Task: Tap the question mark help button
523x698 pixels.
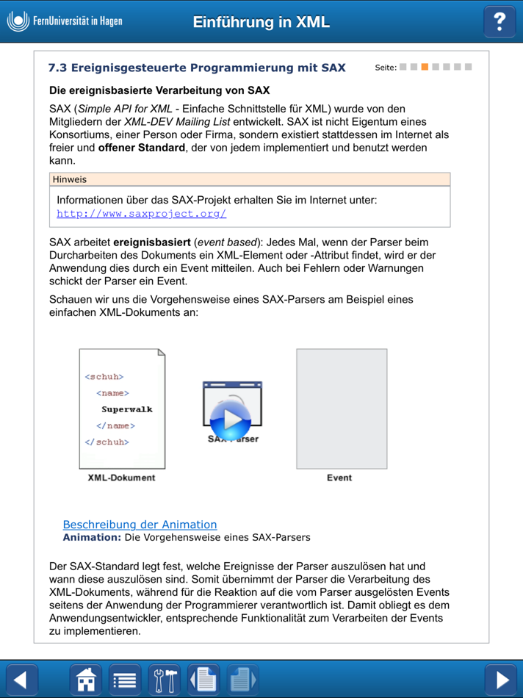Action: [x=499, y=21]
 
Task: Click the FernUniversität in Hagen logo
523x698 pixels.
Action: [x=65, y=21]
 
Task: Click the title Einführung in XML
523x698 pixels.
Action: [x=261, y=22]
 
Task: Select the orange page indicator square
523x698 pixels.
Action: [x=425, y=68]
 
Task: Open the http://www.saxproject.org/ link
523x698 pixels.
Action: [x=142, y=214]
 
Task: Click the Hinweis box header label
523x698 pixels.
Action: [x=70, y=179]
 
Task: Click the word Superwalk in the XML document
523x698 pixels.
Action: [x=127, y=409]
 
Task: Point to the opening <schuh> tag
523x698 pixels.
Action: [x=104, y=377]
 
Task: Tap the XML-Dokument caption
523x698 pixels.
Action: [x=121, y=478]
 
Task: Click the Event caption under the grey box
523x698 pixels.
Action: [x=339, y=478]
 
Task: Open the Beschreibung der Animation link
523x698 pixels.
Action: [x=140, y=525]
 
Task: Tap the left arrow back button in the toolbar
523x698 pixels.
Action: [x=21, y=680]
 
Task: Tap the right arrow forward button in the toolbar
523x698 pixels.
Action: [x=501, y=680]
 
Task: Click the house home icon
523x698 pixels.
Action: [x=86, y=680]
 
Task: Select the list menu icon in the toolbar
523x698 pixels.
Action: [x=125, y=680]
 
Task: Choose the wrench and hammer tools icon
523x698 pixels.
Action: [x=164, y=680]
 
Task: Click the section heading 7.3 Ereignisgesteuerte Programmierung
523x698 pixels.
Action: [x=196, y=68]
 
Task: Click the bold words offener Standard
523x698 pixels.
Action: [x=143, y=148]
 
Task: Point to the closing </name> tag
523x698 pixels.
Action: [x=115, y=426]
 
